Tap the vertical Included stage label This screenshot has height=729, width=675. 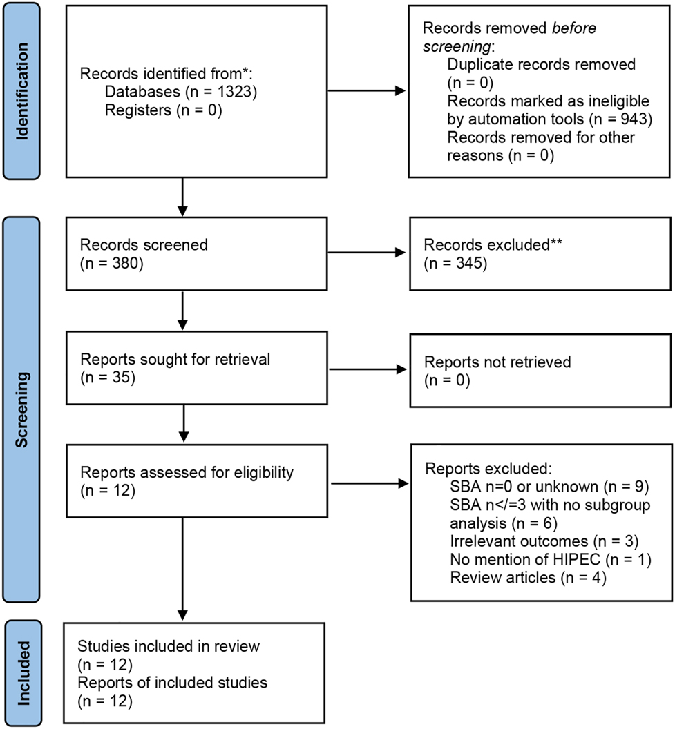23,673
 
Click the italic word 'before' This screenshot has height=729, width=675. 571,30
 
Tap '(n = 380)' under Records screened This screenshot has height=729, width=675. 111,263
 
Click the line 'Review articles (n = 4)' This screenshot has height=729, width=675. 528,577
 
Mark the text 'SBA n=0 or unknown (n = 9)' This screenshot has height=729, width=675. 538,487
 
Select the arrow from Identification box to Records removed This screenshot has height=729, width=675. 367,90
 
